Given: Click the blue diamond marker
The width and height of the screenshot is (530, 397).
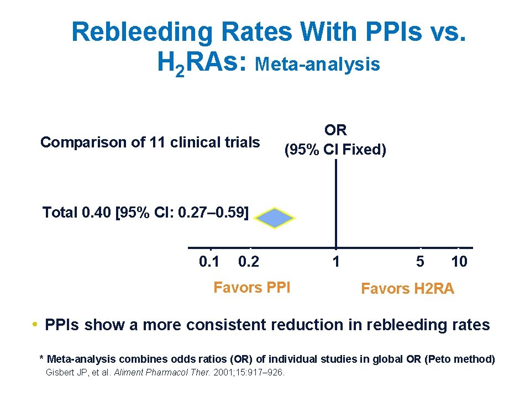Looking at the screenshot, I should tap(275, 218).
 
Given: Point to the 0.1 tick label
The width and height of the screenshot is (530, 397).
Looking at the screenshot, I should tap(209, 261).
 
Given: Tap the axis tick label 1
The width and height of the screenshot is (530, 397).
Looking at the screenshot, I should tap(335, 261).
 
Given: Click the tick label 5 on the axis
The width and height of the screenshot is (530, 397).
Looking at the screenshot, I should tap(420, 261).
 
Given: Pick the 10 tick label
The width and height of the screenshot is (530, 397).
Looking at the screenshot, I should tap(459, 261).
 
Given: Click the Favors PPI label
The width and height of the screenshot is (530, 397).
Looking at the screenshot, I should tap(251, 287).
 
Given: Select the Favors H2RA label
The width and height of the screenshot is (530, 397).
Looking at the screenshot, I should tap(407, 288).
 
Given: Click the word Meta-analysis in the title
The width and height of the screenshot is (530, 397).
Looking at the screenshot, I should tap(318, 65).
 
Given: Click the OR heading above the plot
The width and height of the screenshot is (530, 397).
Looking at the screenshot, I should tap(335, 130).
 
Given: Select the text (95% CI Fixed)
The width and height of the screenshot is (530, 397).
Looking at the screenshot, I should tap(335, 150).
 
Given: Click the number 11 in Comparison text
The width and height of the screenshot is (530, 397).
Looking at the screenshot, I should tap(158, 142).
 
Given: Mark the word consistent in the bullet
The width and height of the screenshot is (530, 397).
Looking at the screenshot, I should tap(227, 325).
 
